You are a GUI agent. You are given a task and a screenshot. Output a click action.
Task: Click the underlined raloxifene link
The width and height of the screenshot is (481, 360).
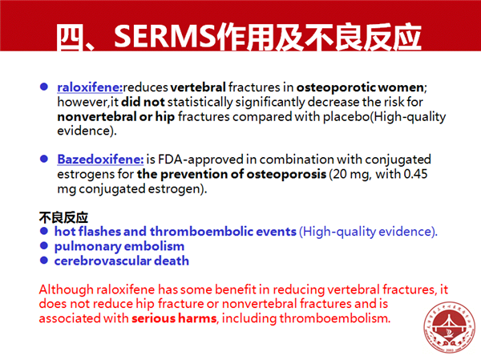90,87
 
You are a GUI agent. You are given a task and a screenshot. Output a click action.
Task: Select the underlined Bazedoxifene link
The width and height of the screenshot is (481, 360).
100,160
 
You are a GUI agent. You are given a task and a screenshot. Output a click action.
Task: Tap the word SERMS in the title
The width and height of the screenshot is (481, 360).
164,37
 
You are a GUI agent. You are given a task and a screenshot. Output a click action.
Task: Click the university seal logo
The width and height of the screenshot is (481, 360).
450,327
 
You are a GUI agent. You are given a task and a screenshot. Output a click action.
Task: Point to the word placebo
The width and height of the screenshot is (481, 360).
346,116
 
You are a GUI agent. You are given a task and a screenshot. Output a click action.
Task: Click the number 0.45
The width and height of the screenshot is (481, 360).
415,174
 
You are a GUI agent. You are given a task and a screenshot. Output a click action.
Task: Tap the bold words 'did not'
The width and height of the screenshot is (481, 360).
143,102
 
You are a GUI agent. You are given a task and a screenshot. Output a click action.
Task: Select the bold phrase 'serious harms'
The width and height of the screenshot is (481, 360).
174,318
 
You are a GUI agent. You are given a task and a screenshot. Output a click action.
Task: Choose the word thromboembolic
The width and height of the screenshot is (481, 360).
201,232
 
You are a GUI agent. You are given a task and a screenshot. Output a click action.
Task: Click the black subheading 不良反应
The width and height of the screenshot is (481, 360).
63,217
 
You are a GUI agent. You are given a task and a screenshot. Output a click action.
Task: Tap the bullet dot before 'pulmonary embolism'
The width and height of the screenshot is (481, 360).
44,245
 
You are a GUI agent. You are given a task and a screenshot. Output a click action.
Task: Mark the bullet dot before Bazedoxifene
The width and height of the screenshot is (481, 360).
44,159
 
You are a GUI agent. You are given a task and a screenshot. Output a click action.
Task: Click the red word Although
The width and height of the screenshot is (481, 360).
67,289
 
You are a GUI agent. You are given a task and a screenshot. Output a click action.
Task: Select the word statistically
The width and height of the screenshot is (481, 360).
200,102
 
